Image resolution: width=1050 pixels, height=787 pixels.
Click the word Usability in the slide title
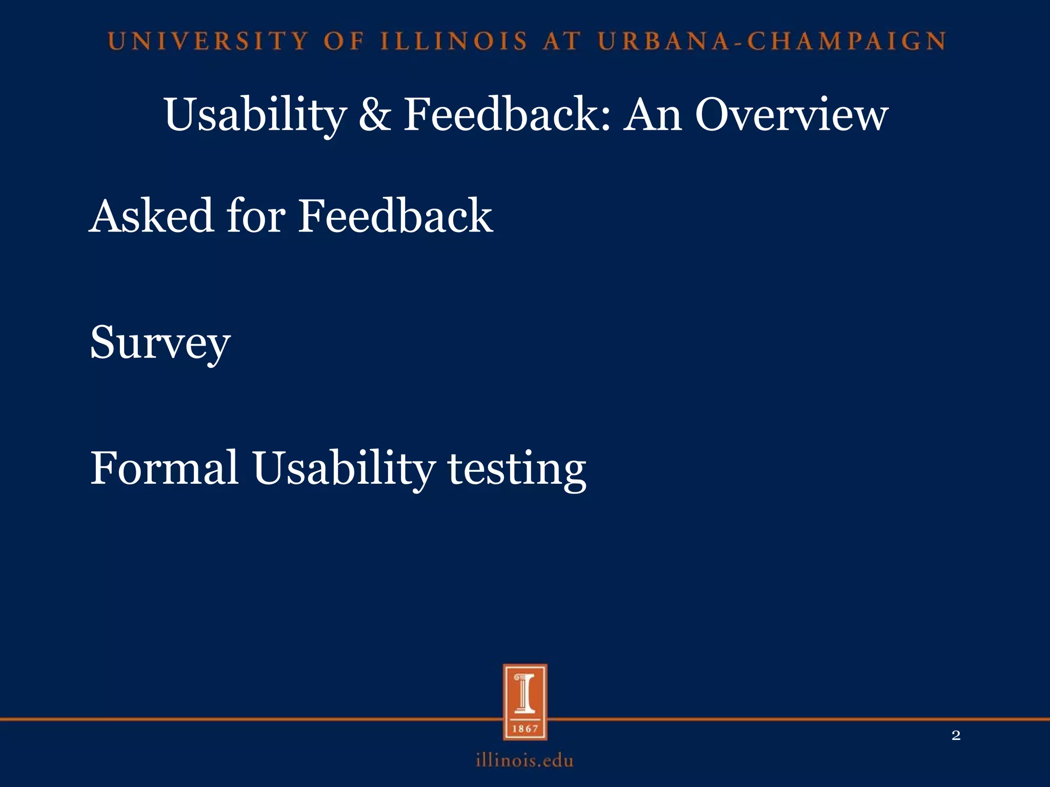point(255,115)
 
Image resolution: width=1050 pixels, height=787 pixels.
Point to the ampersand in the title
point(375,115)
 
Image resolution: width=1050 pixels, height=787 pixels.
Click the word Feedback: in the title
point(507,115)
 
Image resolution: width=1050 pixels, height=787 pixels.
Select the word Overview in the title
point(791,115)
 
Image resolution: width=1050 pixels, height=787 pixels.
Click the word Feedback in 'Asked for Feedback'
point(395,216)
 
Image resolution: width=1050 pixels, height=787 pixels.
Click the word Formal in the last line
point(164,468)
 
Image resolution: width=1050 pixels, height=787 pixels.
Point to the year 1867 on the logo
point(525,729)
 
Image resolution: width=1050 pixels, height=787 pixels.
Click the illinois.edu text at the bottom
point(524,760)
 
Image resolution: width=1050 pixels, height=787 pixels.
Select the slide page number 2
point(956,736)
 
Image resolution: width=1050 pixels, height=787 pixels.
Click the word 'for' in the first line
point(255,216)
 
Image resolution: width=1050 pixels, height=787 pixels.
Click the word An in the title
point(652,115)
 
